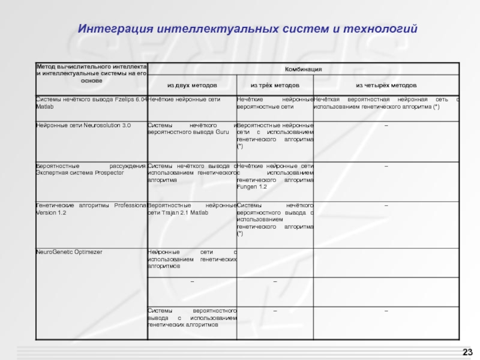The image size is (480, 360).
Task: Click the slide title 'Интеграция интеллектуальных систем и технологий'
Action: pos(247,29)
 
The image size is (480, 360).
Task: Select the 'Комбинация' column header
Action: pos(303,70)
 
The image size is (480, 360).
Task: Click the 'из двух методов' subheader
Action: pos(192,85)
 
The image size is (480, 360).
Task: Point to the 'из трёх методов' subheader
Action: pos(274,85)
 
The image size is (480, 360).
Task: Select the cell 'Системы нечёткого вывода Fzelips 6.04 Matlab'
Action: pos(91,103)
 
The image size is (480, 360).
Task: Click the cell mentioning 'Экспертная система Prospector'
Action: pos(91,169)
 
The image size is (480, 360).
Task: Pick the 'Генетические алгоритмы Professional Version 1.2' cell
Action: pos(91,209)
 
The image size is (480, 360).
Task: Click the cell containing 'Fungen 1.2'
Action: pos(275,176)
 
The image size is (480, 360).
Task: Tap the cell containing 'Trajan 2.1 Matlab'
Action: pos(192,209)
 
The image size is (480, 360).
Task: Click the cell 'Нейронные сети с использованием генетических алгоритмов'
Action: pos(192,258)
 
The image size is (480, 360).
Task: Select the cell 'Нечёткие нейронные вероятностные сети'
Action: pos(275,103)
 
